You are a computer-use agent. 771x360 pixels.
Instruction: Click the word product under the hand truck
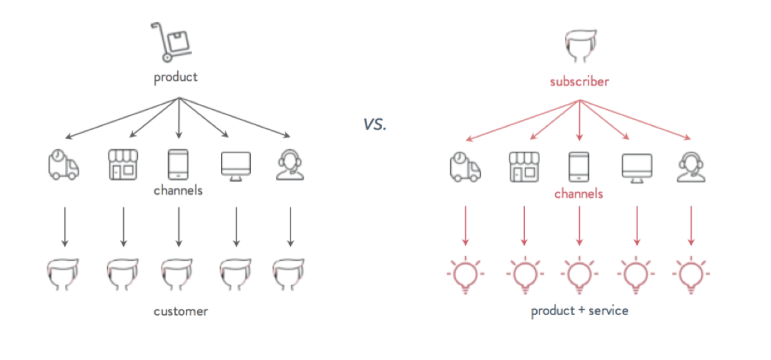click(175, 77)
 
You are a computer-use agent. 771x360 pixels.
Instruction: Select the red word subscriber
click(579, 81)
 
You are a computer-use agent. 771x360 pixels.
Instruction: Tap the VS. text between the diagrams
click(375, 125)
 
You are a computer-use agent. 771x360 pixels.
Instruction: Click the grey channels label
click(178, 191)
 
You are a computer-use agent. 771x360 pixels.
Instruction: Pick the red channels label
click(578, 193)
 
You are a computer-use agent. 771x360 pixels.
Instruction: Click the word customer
click(181, 311)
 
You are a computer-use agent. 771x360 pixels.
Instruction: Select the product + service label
click(579, 311)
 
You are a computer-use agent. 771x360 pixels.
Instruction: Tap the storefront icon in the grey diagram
click(122, 165)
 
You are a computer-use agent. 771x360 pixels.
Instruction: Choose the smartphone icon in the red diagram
click(579, 167)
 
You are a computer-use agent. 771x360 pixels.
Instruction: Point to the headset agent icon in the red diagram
click(692, 167)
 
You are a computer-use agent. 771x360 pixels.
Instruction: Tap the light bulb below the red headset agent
click(692, 276)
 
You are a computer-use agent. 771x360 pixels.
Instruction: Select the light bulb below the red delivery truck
click(465, 276)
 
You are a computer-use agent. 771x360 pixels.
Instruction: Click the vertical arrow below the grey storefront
click(123, 227)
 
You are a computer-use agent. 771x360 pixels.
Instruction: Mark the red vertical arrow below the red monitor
click(637, 226)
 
